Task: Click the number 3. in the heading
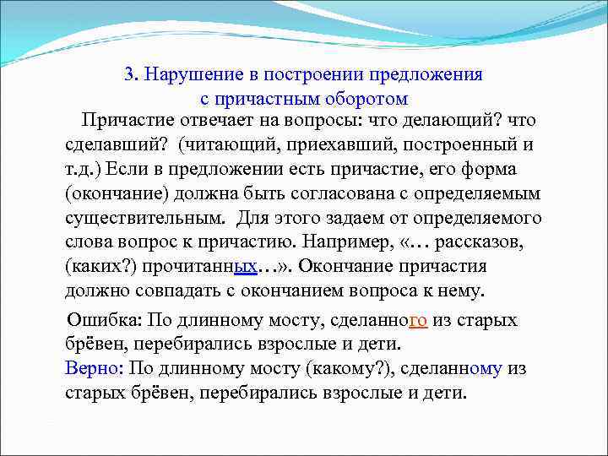pyautogui.click(x=131, y=73)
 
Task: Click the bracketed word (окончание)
pyautogui.click(x=116, y=194)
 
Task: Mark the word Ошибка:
pyautogui.click(x=104, y=321)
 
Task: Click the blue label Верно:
pyautogui.click(x=94, y=369)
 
